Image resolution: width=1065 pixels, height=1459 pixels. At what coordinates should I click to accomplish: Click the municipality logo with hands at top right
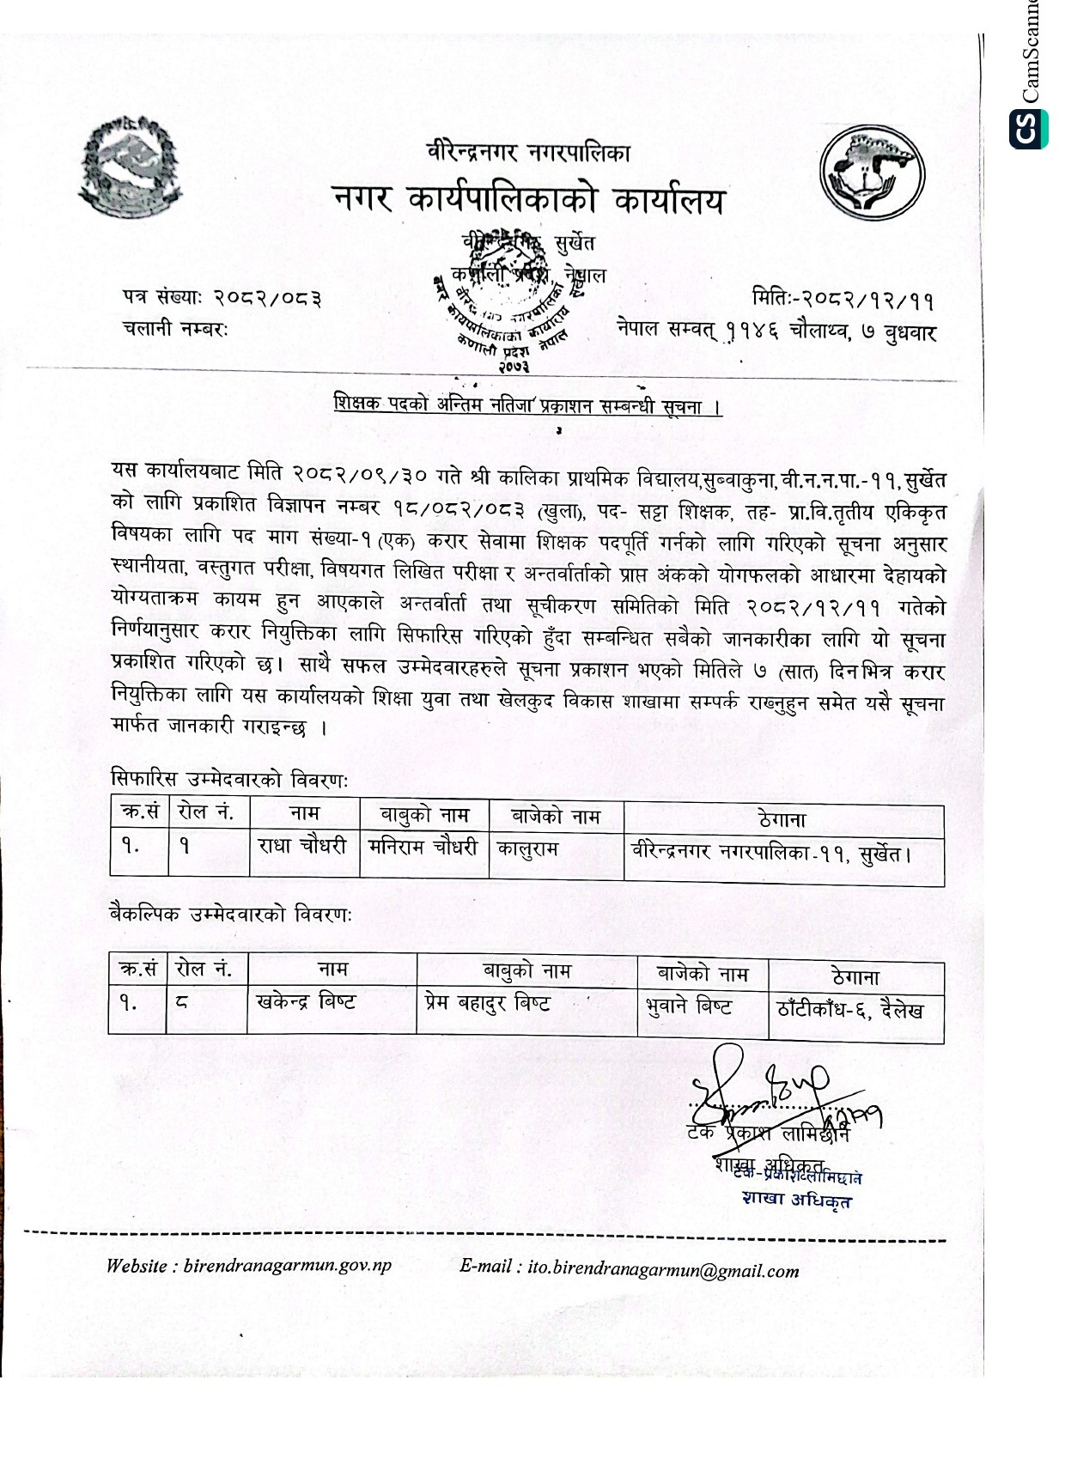[x=871, y=174]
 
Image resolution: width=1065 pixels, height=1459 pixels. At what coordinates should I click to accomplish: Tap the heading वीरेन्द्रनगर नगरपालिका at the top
[x=528, y=153]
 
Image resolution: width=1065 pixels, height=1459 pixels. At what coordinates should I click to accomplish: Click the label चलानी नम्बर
[x=175, y=329]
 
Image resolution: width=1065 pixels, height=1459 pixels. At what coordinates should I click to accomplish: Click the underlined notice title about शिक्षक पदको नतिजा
[x=527, y=406]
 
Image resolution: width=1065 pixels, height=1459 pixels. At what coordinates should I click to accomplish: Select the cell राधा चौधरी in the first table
[x=302, y=847]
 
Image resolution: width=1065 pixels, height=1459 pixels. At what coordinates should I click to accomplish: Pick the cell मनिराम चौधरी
[x=423, y=848]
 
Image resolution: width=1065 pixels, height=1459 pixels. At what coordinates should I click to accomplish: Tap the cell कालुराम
[x=528, y=849]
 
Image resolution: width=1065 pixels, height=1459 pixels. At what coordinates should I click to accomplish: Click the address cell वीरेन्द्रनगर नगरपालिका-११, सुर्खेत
[x=771, y=853]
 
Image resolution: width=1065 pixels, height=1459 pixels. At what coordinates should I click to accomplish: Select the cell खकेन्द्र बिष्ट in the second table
[x=306, y=1001]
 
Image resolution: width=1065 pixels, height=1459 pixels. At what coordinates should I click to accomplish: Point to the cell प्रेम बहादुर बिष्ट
[x=488, y=1002]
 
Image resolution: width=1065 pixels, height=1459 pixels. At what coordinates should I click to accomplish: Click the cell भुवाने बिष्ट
[x=689, y=1006]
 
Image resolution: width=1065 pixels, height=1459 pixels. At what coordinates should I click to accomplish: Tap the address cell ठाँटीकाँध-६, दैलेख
[x=850, y=1010]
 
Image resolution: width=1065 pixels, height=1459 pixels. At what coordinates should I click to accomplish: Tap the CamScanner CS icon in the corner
[x=1028, y=129]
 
